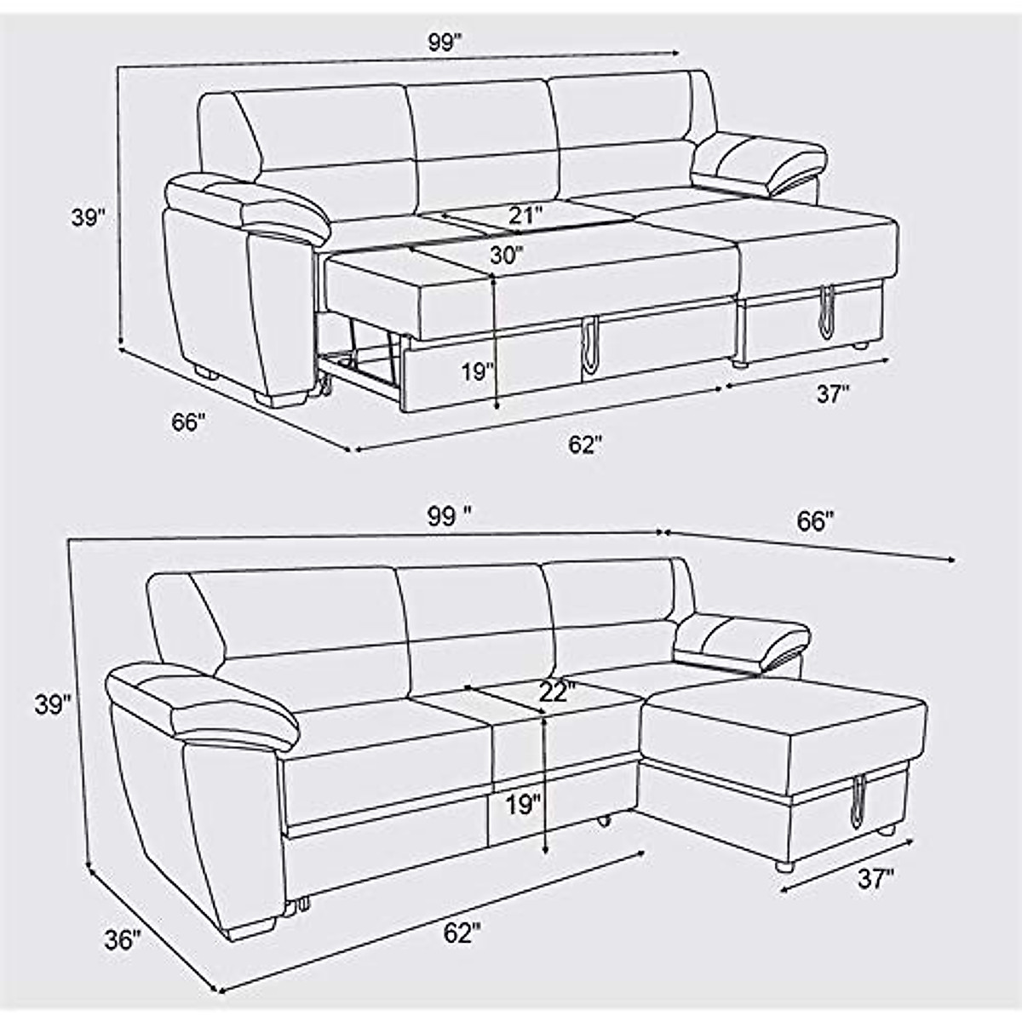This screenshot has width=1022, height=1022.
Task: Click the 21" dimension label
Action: click(525, 215)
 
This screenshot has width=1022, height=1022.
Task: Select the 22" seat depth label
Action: click(558, 692)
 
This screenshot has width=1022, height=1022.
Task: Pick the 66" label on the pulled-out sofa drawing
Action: click(187, 422)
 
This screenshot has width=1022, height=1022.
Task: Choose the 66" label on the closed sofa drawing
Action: click(814, 521)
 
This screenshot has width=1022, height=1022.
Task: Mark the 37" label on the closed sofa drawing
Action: click(876, 879)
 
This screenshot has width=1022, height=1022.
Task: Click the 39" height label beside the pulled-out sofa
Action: click(88, 218)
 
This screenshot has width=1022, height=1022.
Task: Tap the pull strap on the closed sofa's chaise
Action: click(855, 800)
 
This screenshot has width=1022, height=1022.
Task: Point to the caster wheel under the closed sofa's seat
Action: click(605, 821)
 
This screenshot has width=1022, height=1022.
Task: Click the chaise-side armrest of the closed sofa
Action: click(743, 639)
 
